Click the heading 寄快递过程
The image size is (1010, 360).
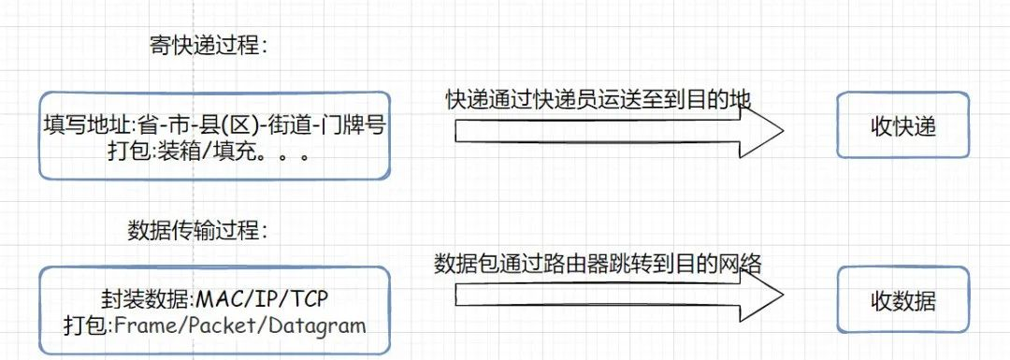point(208,45)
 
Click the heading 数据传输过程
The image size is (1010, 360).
point(195,229)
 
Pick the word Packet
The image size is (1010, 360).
point(212,324)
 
